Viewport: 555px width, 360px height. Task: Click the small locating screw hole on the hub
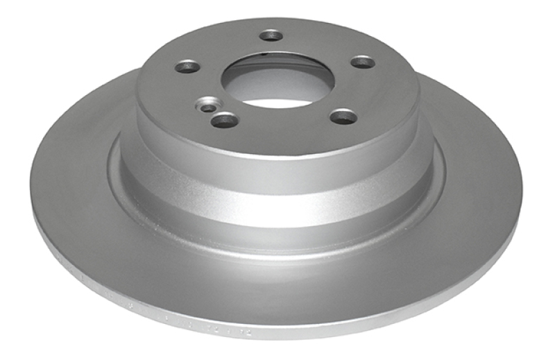[208, 108]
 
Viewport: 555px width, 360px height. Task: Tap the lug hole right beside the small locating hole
[224, 120]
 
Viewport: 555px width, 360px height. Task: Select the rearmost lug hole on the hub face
[271, 35]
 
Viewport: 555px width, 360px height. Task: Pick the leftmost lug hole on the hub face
[187, 67]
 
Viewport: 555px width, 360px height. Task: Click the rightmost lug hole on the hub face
[362, 62]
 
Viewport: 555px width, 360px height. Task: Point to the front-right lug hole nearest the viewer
[343, 116]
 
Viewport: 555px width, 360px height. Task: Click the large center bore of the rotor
[277, 80]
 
